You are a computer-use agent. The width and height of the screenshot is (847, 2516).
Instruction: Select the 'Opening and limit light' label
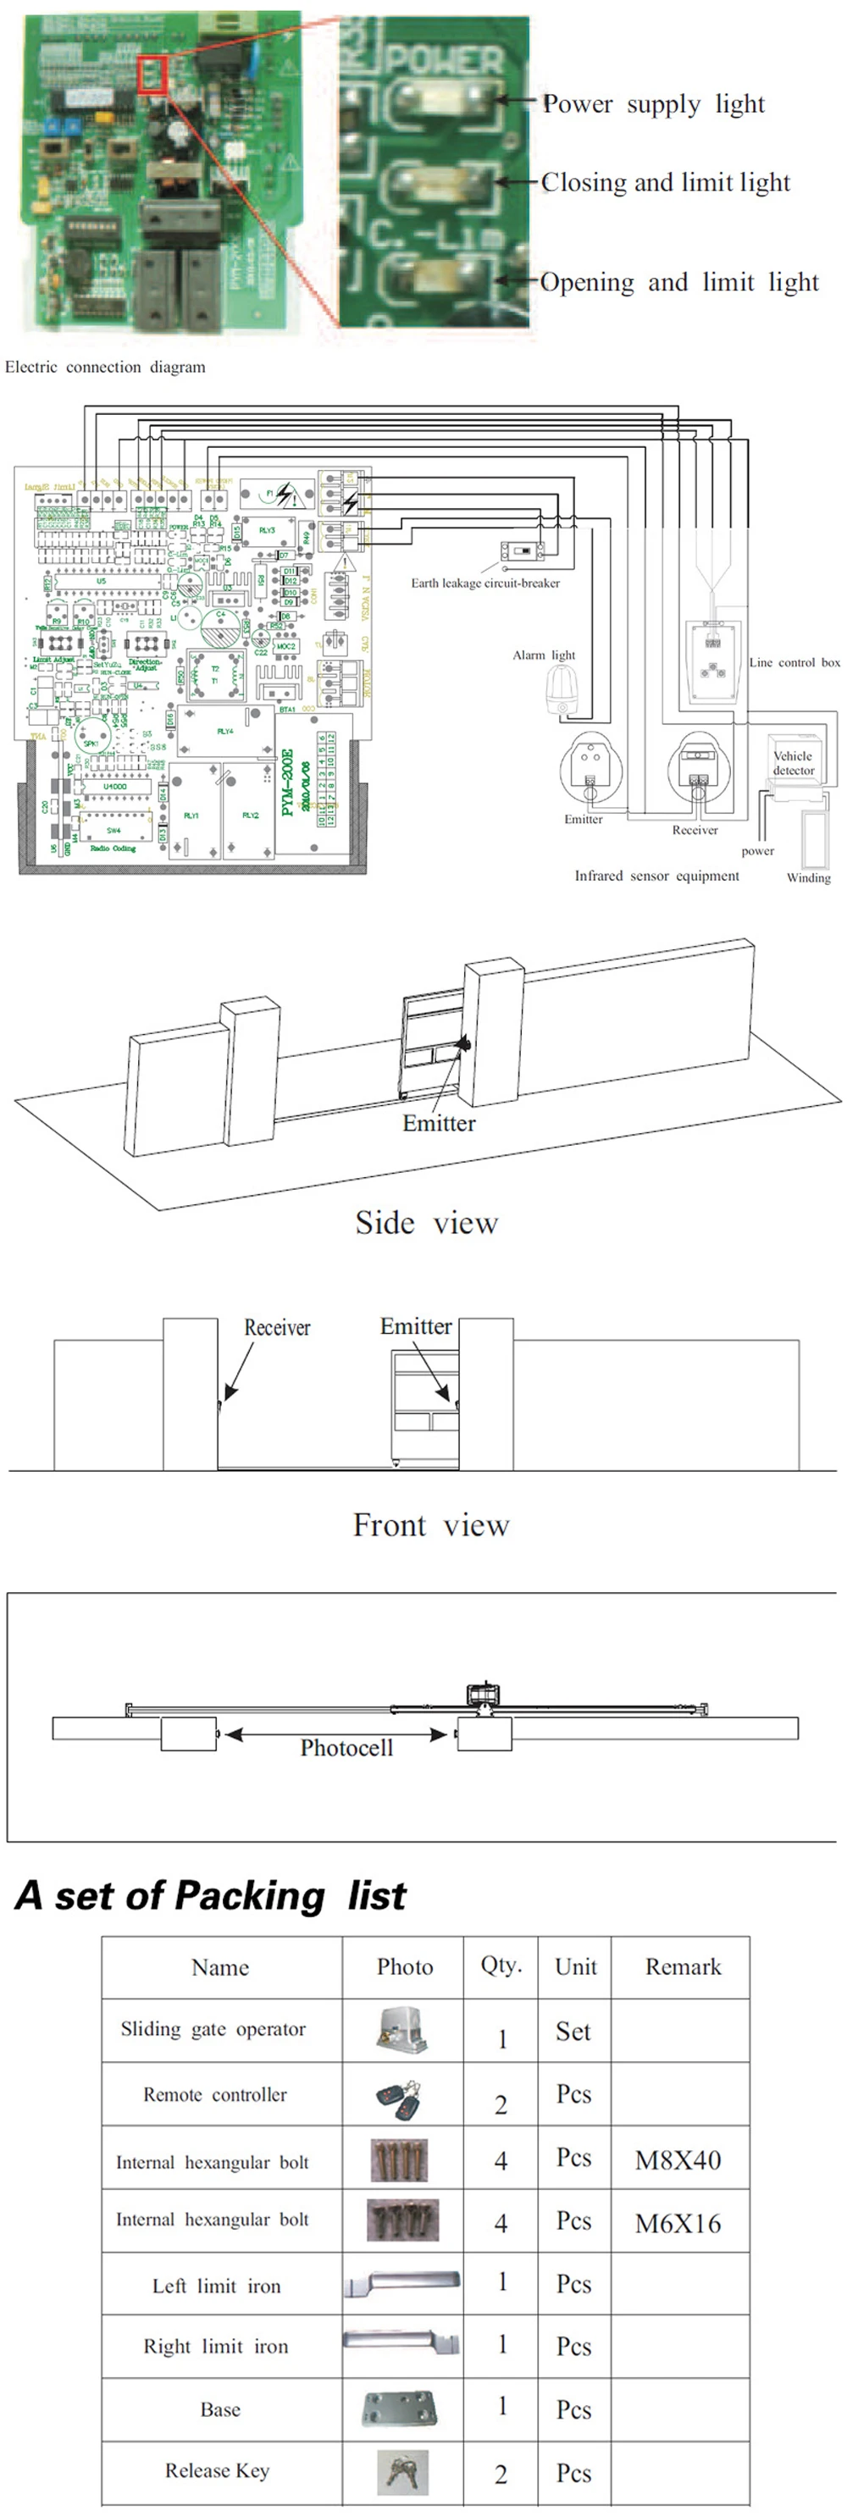pyautogui.click(x=679, y=282)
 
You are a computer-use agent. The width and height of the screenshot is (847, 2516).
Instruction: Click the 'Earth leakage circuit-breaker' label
pyautogui.click(x=485, y=583)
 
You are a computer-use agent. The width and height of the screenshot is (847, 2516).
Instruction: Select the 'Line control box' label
pyautogui.click(x=794, y=662)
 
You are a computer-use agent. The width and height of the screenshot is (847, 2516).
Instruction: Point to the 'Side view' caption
pyautogui.click(x=427, y=1223)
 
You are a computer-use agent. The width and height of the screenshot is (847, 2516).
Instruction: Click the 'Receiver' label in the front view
pyautogui.click(x=278, y=1327)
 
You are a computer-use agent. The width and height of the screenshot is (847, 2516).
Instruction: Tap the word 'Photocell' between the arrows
pyautogui.click(x=346, y=1747)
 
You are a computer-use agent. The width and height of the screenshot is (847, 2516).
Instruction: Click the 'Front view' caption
pyautogui.click(x=431, y=1524)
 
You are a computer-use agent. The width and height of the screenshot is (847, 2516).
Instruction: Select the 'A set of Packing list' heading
pyautogui.click(x=210, y=1896)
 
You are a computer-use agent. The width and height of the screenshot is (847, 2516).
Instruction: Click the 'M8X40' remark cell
pyautogui.click(x=678, y=2159)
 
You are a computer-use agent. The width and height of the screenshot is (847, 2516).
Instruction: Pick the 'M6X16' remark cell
pyautogui.click(x=678, y=2223)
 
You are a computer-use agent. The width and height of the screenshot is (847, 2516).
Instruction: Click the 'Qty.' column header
pyautogui.click(x=501, y=1966)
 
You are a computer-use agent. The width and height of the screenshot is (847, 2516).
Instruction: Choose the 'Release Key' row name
pyautogui.click(x=217, y=2470)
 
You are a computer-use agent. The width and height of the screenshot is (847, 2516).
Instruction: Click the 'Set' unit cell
pyautogui.click(x=573, y=2032)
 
